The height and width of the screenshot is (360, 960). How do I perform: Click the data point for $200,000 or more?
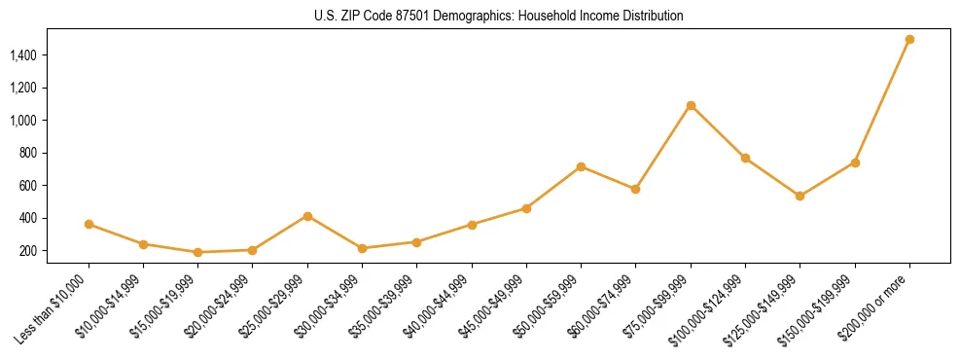pyautogui.click(x=909, y=40)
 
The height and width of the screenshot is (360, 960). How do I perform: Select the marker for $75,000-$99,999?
pyautogui.click(x=691, y=105)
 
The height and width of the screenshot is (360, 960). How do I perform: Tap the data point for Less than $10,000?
pyautogui.click(x=89, y=224)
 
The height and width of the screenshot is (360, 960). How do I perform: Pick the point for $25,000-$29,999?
pyautogui.click(x=307, y=216)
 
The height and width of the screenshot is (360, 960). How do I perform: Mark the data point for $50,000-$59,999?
pyautogui.click(x=581, y=166)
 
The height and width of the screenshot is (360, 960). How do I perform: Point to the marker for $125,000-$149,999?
pyautogui.click(x=800, y=196)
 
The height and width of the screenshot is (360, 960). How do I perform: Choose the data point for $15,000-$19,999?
pyautogui.click(x=198, y=252)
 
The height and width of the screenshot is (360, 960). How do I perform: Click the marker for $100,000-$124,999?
pyautogui.click(x=745, y=158)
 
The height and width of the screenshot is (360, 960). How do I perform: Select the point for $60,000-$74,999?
pyautogui.click(x=635, y=189)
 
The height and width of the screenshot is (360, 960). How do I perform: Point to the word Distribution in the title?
pyautogui.click(x=651, y=17)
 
